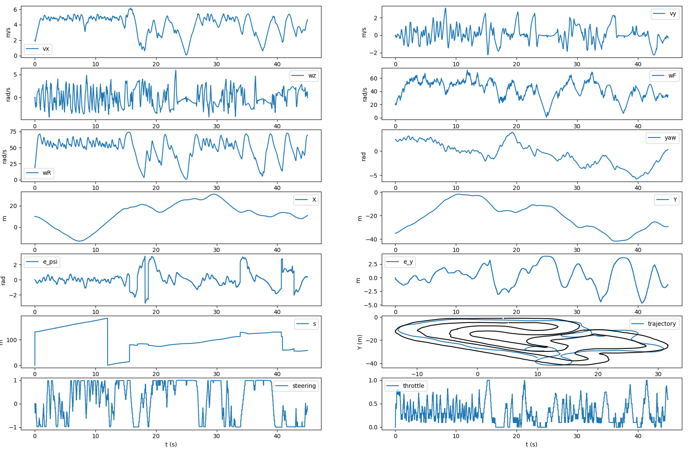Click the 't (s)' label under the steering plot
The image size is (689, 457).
[x=171, y=444]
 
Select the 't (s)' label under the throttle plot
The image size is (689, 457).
[x=531, y=444]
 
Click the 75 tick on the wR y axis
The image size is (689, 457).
[x=13, y=132]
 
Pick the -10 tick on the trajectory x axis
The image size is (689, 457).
[x=417, y=374]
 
